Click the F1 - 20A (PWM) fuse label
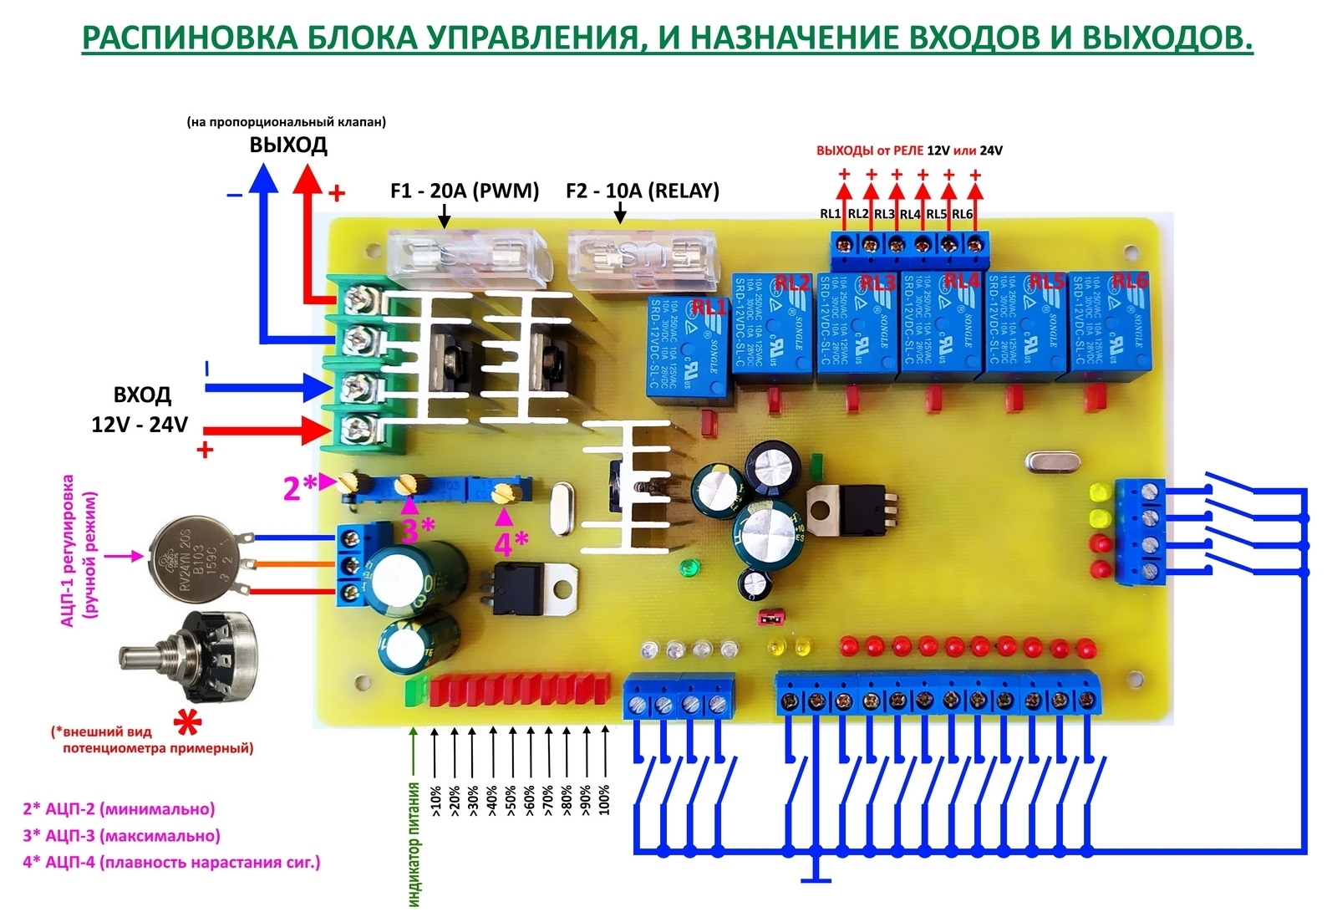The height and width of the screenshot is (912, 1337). (x=465, y=191)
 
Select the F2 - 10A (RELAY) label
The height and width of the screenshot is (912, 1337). (x=642, y=191)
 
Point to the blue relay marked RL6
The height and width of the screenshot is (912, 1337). (x=1108, y=327)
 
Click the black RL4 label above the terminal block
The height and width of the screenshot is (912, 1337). (x=910, y=214)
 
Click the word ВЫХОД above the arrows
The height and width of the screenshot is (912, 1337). (x=288, y=145)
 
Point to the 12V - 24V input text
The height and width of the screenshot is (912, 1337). (x=140, y=425)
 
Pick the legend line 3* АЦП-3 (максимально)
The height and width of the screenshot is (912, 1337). (x=121, y=835)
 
